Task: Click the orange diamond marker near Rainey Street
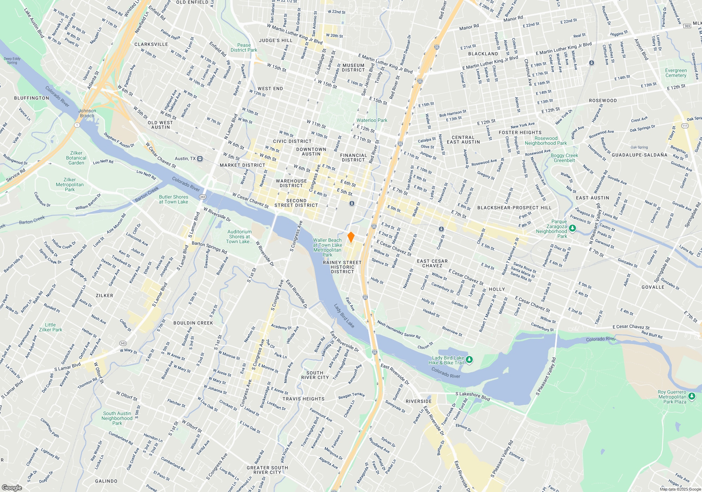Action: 351,237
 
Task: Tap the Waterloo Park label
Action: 372,120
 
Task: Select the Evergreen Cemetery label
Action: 676,73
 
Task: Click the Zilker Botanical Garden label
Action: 76,158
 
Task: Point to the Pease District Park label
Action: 244,47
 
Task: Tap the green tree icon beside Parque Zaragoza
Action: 572,228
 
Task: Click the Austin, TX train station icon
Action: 200,158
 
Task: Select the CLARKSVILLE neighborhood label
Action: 151,44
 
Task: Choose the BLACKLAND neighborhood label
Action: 483,54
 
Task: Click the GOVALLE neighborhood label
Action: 653,287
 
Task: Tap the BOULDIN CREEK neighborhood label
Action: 193,323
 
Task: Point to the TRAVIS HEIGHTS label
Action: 303,399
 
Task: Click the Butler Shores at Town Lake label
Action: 173,199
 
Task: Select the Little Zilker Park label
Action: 51,327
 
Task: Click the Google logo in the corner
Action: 12,487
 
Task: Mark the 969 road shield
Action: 687,26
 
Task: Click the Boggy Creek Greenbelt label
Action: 564,158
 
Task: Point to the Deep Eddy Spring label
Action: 12,61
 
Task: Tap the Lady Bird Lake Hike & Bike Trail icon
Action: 469,360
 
